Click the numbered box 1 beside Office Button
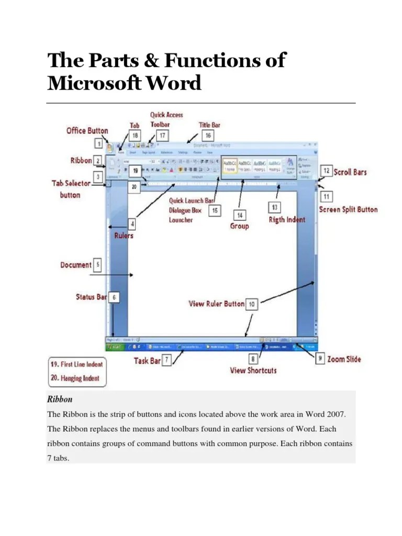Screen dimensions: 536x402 (x=98, y=142)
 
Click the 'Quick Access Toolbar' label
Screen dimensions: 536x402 (x=166, y=119)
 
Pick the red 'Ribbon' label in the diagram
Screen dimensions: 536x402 (x=81, y=160)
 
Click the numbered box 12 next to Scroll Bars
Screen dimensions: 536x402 (x=326, y=171)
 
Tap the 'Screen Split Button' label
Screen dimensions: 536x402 (x=348, y=209)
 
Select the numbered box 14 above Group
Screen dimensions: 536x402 (x=240, y=215)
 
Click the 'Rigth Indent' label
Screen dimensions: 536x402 (x=287, y=219)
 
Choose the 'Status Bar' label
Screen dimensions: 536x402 (x=91, y=297)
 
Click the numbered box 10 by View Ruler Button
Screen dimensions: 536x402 (x=252, y=304)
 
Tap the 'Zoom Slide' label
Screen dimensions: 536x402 (x=344, y=360)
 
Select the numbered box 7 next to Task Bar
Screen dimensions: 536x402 (x=166, y=360)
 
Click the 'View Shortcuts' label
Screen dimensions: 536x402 (x=253, y=371)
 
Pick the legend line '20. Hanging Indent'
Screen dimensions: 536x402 (x=76, y=376)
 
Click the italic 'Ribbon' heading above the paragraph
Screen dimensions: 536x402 (x=60, y=399)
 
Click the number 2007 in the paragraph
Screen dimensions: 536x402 (x=334, y=414)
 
